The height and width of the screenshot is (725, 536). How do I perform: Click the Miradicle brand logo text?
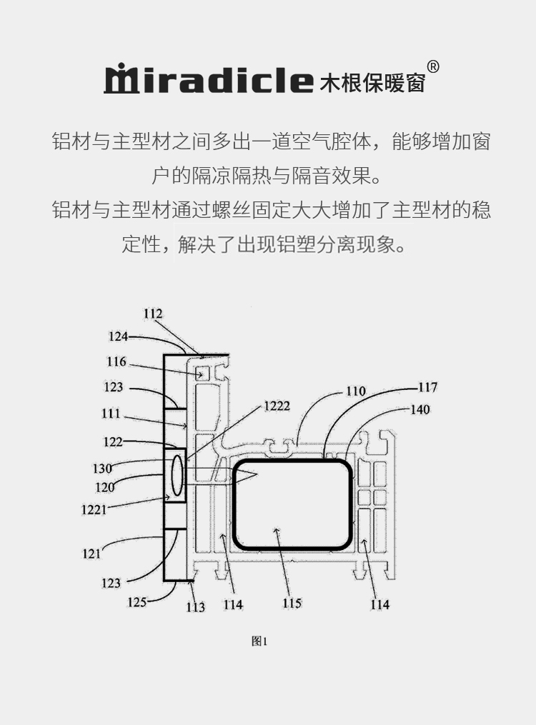(209, 80)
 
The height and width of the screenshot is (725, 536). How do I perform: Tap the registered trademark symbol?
(433, 67)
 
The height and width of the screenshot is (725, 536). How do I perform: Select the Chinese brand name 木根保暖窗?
(374, 81)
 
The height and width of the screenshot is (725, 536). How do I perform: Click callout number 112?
(153, 314)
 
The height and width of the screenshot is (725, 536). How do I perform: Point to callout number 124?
(119, 336)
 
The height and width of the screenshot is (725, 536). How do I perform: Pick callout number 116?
(117, 362)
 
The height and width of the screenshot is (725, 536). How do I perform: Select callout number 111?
(111, 414)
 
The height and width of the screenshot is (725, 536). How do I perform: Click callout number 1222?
(277, 406)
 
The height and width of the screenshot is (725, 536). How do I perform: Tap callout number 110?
(355, 391)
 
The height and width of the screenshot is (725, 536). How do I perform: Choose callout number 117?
(427, 388)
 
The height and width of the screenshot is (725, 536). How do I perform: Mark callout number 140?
(420, 410)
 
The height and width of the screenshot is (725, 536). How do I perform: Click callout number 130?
(102, 469)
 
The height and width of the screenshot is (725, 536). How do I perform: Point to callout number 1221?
(95, 509)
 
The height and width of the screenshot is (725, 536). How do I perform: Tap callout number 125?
(137, 601)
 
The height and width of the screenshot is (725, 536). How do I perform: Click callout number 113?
(195, 607)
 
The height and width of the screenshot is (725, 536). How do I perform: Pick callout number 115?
(292, 604)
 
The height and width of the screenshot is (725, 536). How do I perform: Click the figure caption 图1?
(259, 641)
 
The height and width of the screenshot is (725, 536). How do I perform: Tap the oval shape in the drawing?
(177, 476)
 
